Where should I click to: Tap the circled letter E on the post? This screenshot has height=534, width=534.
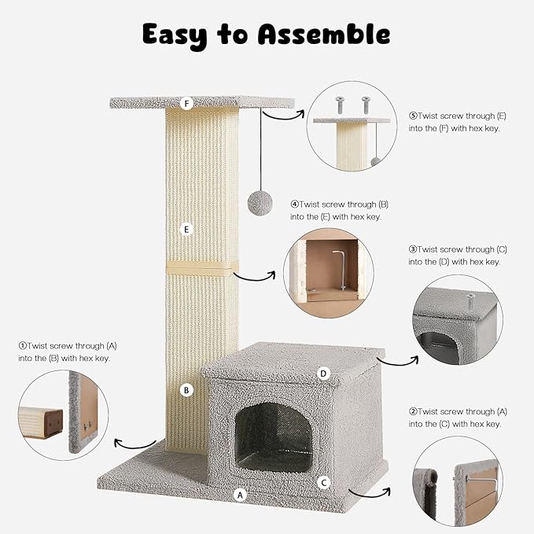[186, 230]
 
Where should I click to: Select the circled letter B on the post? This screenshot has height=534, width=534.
[186, 389]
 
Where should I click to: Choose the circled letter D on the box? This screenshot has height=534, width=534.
[322, 373]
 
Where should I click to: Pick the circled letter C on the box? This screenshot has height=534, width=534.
[322, 481]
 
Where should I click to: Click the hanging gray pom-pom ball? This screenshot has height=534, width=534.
[260, 203]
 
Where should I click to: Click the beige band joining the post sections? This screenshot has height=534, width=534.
[197, 268]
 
